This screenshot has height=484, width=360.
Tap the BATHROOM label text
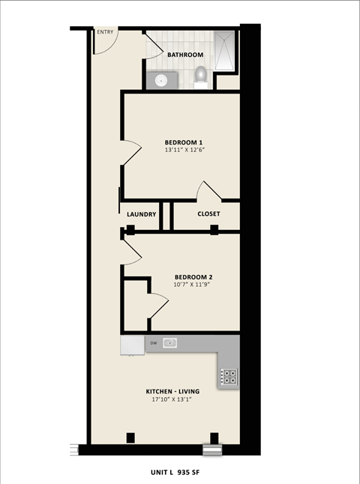click(x=185, y=55)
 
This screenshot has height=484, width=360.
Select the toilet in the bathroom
click(x=200, y=76)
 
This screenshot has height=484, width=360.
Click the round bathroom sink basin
click(x=160, y=80)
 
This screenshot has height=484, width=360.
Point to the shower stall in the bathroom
click(x=225, y=51)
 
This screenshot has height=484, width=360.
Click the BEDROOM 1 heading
click(x=184, y=142)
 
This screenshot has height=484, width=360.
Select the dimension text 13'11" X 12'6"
click(x=184, y=150)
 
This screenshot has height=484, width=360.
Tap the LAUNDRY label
click(x=141, y=214)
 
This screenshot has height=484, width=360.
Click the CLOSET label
click(x=208, y=214)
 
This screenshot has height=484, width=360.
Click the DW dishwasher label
click(x=153, y=343)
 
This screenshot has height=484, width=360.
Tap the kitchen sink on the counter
click(x=170, y=343)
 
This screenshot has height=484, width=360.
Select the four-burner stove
click(x=228, y=377)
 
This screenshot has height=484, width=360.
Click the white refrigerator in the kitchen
click(x=132, y=344)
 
